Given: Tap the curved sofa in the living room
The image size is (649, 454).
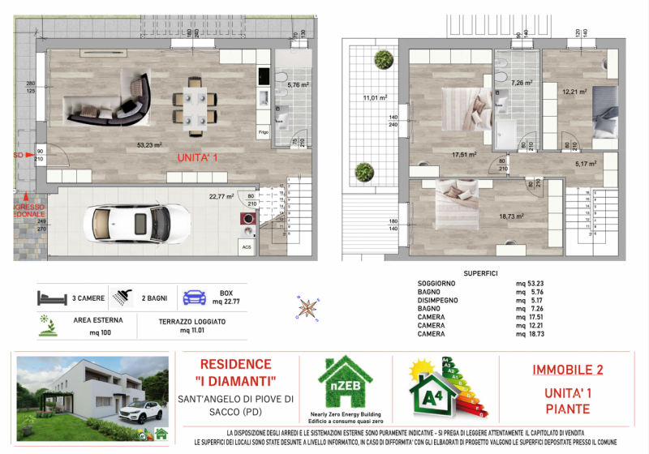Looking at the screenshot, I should point(110,99).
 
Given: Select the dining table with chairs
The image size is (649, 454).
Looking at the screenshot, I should point(196,103).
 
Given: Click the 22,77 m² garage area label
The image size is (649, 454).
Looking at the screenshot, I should point(221,195).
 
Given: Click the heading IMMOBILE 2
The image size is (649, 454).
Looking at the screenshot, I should point(567,370).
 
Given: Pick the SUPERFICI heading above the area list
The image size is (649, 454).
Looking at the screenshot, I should point(479,273).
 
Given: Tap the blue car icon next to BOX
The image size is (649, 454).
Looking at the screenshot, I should point(197,297).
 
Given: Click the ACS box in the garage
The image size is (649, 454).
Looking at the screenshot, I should point(245,247).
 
